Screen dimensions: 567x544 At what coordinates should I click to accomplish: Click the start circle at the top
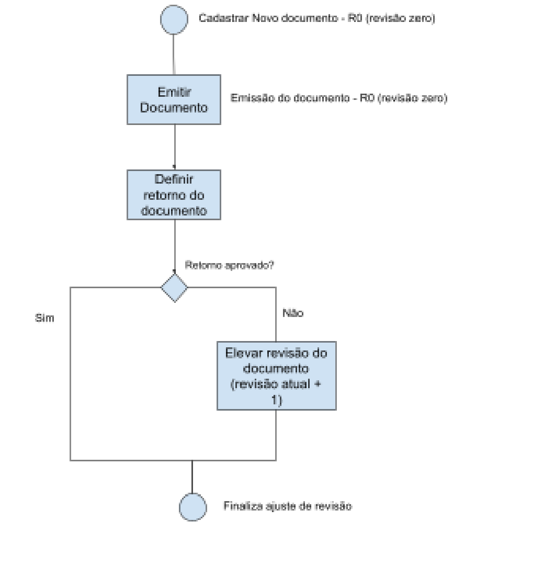174,20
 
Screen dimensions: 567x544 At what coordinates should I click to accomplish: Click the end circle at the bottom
192,507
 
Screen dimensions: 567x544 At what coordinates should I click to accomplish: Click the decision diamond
174,288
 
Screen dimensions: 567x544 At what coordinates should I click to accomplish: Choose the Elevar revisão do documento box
276,375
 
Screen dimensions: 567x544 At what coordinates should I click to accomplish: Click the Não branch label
293,313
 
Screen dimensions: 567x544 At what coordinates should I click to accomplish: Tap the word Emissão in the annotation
247,98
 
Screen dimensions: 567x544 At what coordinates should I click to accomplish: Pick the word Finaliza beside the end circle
239,506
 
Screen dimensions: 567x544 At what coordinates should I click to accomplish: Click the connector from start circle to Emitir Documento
174,53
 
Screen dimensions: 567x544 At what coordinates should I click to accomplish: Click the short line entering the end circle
192,477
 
